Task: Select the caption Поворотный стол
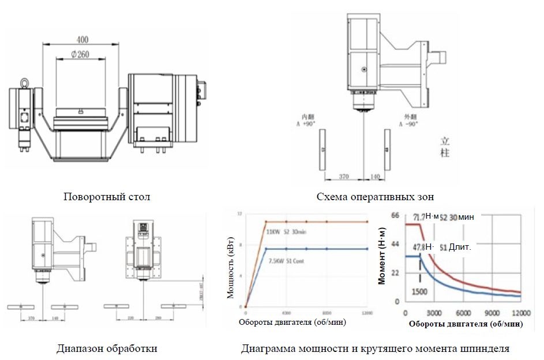point(107,197)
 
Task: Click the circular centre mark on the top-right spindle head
point(364,69)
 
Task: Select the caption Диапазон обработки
point(107,348)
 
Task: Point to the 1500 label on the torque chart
point(419,291)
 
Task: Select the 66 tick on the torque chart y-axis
point(395,215)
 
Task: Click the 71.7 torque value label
point(419,217)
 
